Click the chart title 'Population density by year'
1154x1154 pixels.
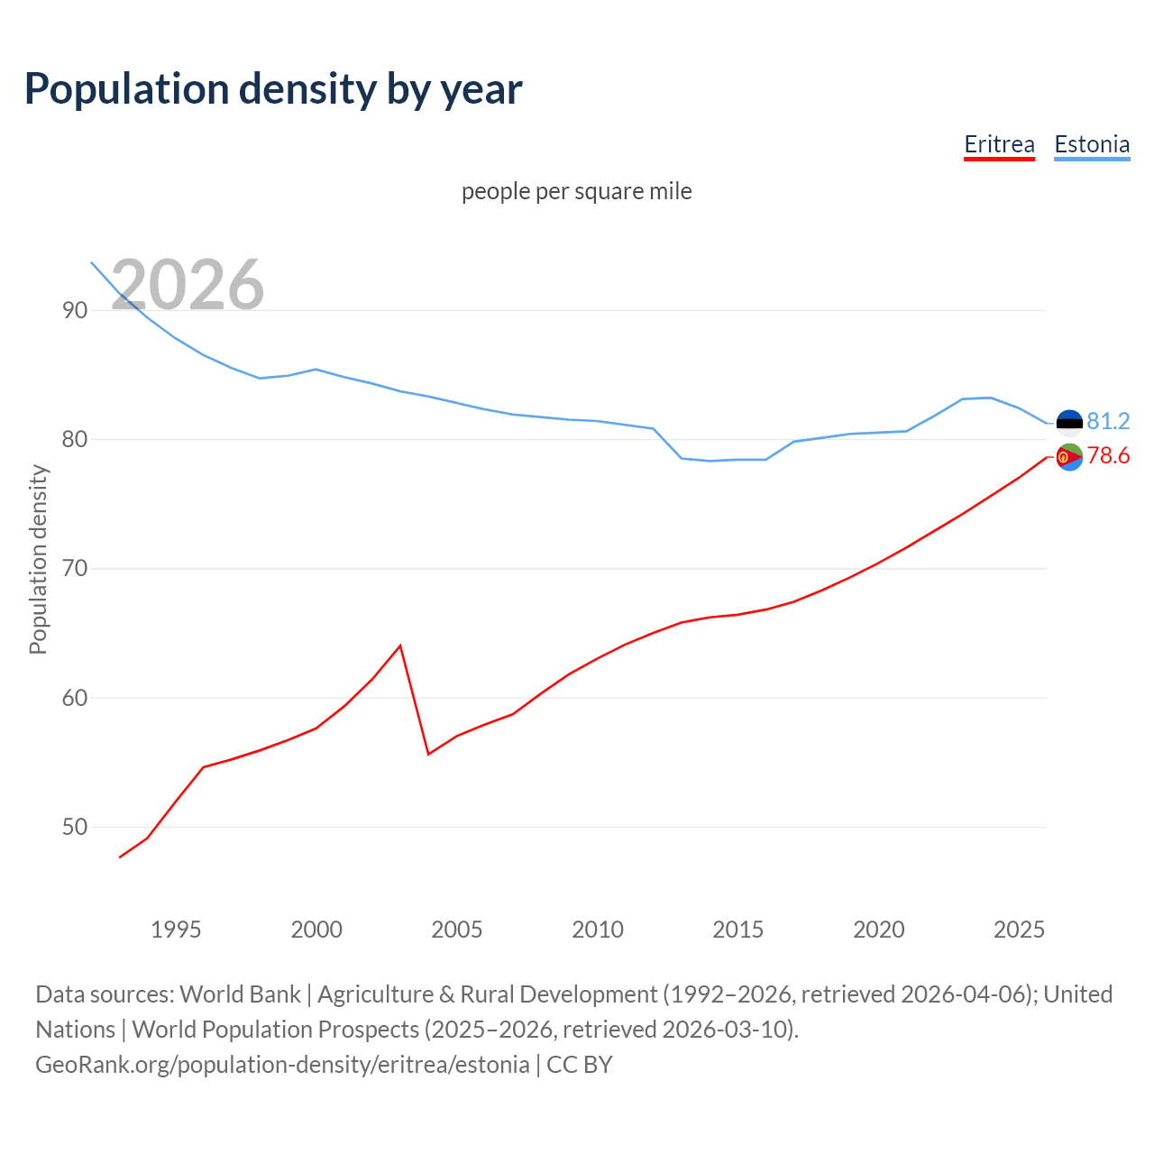coord(273,88)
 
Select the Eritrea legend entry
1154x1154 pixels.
coord(999,144)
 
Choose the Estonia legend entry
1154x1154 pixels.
coord(1092,144)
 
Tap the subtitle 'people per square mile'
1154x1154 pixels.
coord(576,191)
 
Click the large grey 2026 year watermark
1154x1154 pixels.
coord(188,285)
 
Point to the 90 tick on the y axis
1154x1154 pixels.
coord(75,310)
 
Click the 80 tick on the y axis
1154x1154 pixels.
coord(75,439)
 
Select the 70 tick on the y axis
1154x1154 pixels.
coord(75,568)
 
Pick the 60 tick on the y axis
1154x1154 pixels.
coord(75,698)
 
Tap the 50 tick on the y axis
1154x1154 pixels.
coord(75,827)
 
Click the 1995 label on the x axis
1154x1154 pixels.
coord(176,930)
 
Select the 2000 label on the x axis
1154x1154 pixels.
coord(316,930)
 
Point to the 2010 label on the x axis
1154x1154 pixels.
coord(598,930)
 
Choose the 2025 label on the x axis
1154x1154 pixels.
coord(1019,930)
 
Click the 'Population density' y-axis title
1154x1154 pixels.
coord(38,559)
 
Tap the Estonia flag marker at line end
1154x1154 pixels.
coord(1069,422)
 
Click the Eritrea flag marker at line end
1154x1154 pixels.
coord(1069,457)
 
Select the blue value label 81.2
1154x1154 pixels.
coord(1108,421)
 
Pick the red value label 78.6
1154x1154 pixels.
coord(1108,456)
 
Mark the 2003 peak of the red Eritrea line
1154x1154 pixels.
coord(400,646)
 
